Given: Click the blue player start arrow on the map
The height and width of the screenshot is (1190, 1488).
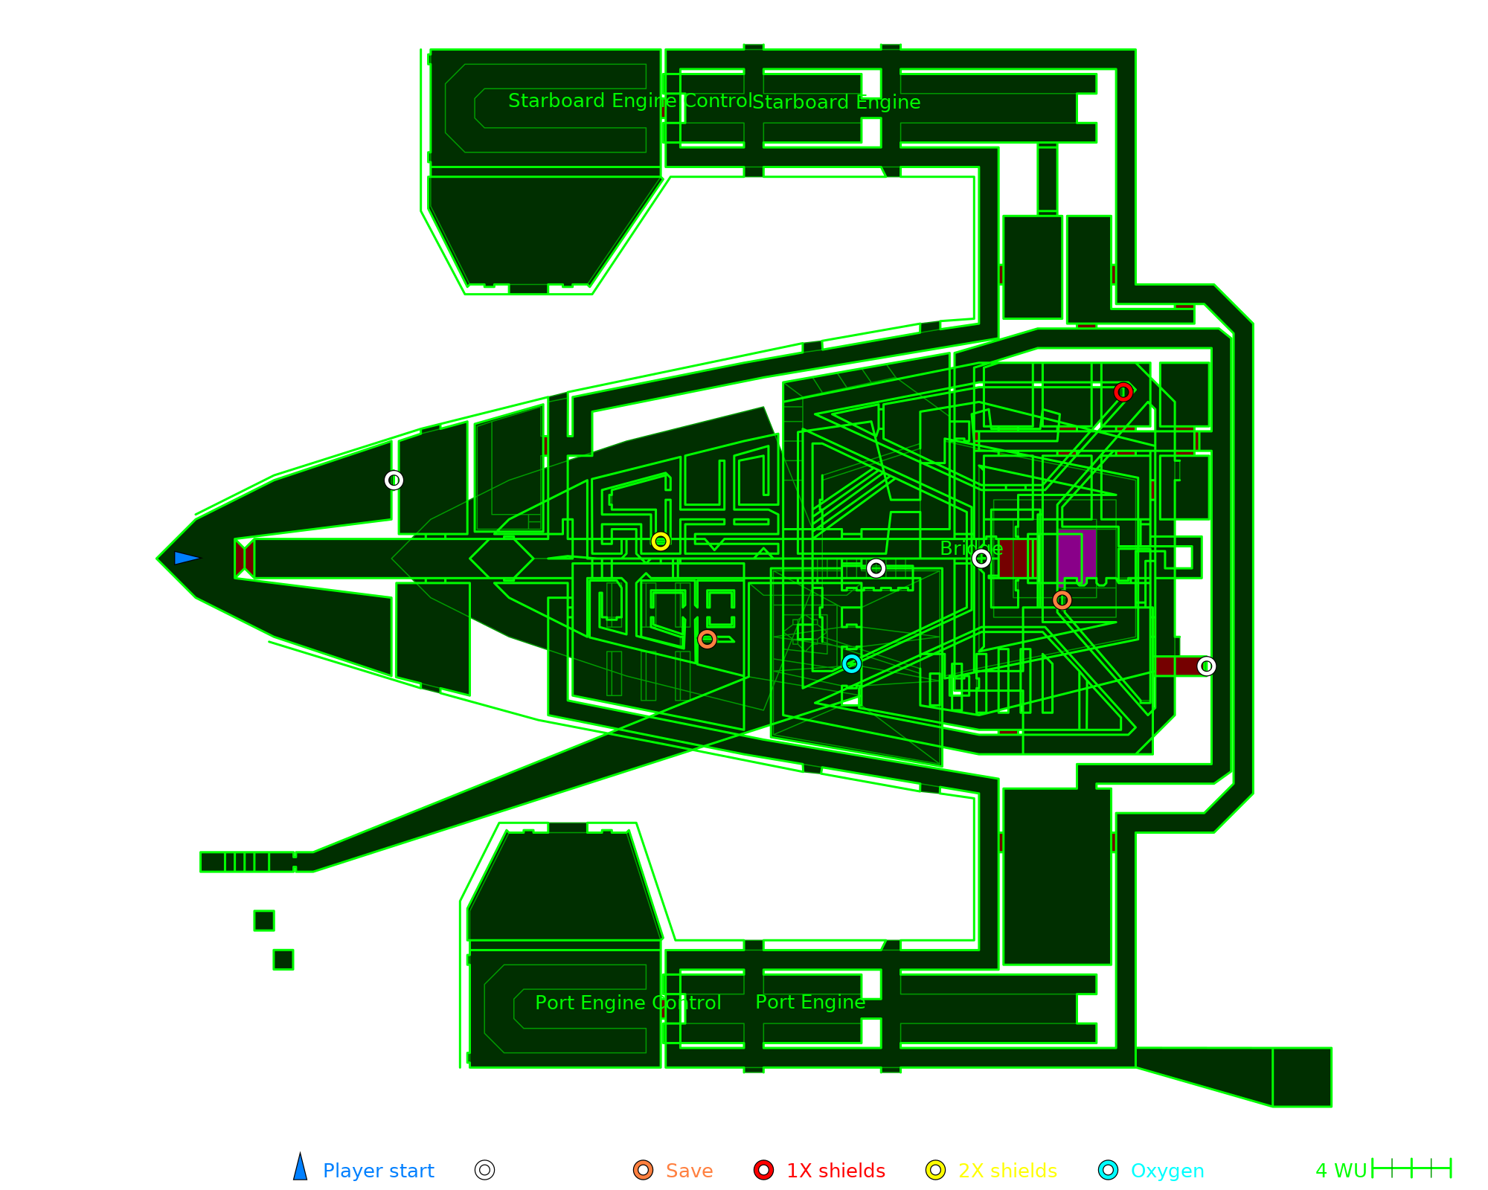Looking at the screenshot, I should [x=186, y=558].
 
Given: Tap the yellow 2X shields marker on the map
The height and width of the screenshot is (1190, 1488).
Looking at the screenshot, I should [x=661, y=541].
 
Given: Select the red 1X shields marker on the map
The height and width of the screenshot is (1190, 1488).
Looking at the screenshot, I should [x=1123, y=392].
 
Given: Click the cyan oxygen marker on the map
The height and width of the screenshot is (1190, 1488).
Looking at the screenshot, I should [x=852, y=663].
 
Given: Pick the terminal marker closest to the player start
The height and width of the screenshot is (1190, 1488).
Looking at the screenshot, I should [x=394, y=480].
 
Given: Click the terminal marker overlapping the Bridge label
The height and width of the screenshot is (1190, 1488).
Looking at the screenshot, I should [x=981, y=559].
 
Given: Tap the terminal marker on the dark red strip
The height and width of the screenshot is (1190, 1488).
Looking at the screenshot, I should [x=1207, y=666].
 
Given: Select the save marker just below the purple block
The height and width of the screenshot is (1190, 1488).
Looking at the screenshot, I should [x=1062, y=600].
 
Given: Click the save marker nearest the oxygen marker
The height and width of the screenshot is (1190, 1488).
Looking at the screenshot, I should [x=708, y=639].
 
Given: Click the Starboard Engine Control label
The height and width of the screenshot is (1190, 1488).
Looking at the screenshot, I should [x=630, y=101].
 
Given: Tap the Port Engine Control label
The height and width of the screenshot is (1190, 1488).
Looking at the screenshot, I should [x=628, y=1003].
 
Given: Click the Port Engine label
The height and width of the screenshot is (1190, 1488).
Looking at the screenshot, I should [x=810, y=1003].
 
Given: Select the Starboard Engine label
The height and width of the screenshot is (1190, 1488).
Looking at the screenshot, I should [x=836, y=103].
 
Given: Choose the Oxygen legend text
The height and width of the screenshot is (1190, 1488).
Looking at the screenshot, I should [x=1167, y=1171].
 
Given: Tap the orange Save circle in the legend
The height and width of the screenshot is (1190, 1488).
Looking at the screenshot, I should [x=644, y=1170].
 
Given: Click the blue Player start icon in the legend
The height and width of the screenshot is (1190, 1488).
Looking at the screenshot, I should [x=301, y=1168].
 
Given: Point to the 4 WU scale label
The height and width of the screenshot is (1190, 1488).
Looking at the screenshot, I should [x=1341, y=1171].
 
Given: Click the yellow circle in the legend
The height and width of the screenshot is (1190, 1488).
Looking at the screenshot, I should [x=936, y=1170].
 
